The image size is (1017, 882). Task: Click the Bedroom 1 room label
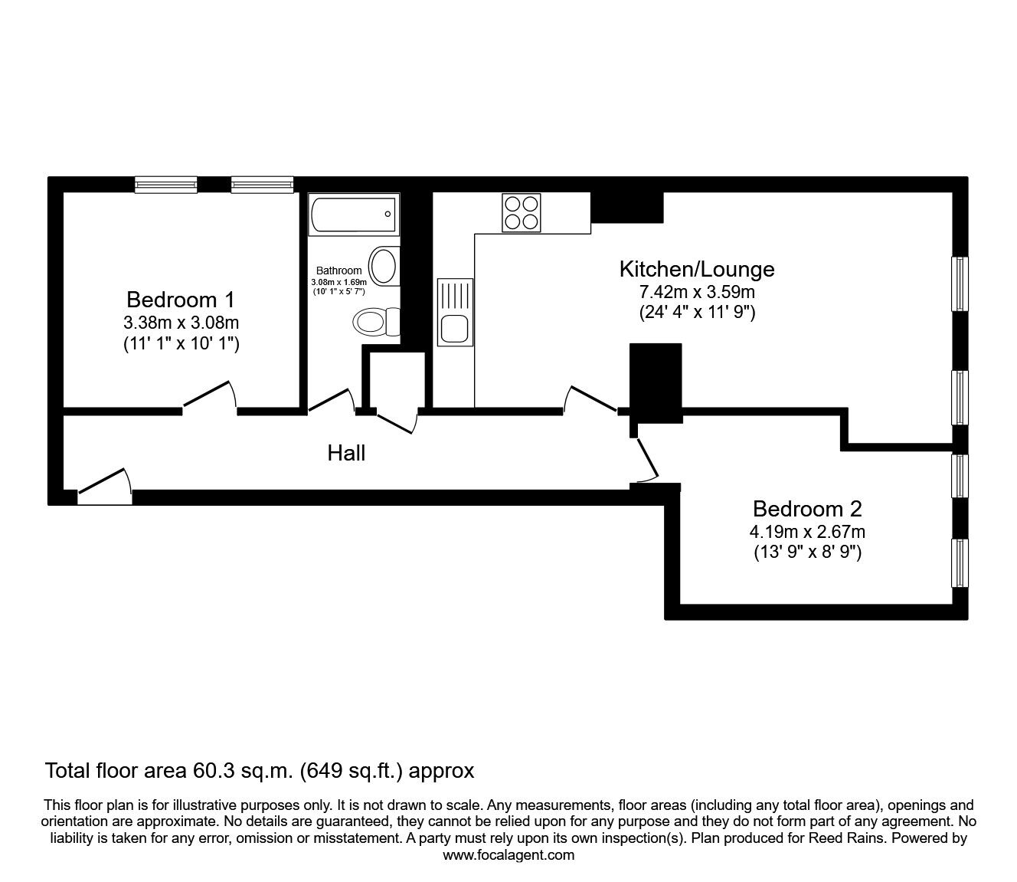coord(181,299)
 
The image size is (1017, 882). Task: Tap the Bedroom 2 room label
coord(807,509)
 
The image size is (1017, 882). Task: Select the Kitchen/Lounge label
coord(696,269)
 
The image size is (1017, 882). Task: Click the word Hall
coord(346,454)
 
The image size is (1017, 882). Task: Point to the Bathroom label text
coord(338,271)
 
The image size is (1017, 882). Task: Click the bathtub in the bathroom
coord(353,215)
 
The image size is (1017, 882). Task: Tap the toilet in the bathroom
coord(378,321)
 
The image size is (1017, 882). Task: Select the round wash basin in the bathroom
coord(384,266)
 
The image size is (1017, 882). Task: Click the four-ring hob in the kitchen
coord(522,212)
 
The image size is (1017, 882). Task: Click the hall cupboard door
coord(396,420)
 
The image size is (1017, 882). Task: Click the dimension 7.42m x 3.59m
coord(696,292)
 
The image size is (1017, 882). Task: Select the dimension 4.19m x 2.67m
coord(807,532)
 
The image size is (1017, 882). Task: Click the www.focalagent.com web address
coord(508,855)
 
